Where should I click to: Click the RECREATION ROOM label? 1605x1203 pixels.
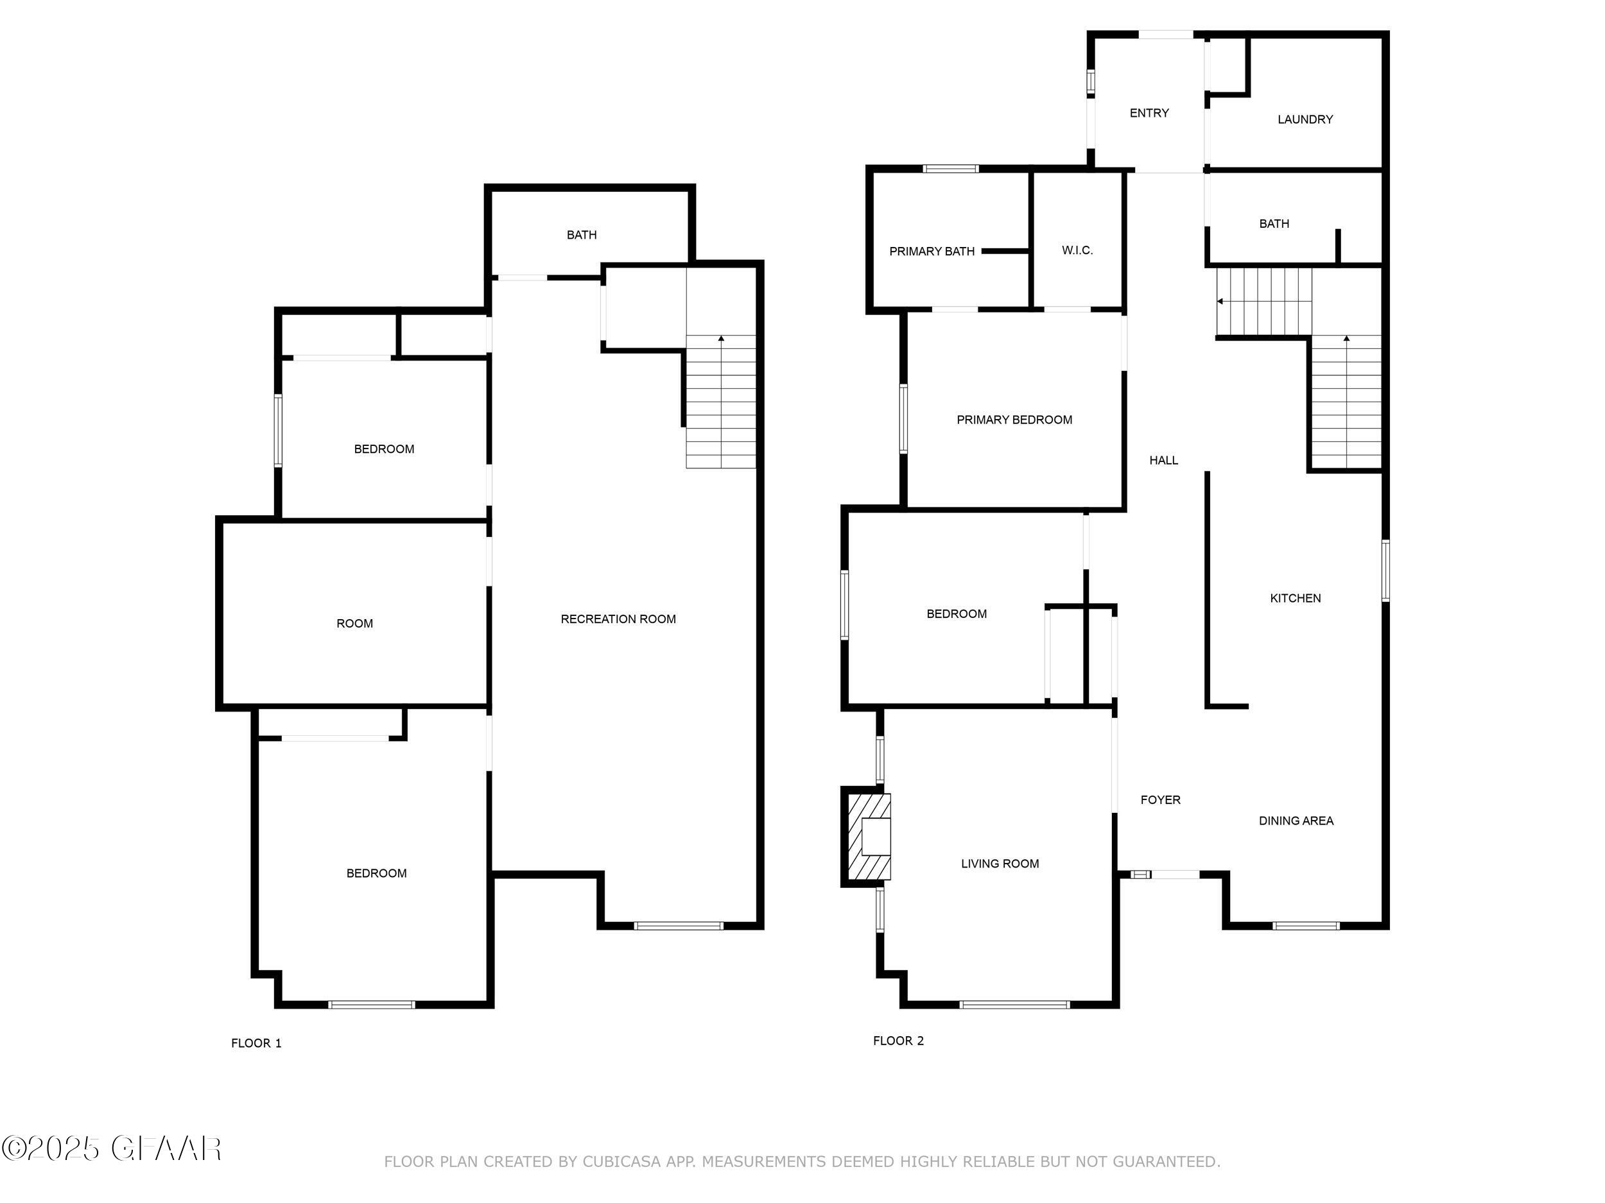[x=618, y=619]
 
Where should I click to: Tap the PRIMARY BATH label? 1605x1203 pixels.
[x=932, y=252]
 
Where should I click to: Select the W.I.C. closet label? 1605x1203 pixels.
[x=1077, y=250]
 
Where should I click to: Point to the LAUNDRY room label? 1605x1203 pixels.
[x=1305, y=119]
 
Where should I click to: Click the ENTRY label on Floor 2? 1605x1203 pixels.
[x=1149, y=113]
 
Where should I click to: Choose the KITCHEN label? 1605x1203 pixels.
[x=1295, y=598]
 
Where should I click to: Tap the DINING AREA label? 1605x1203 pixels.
[x=1296, y=821]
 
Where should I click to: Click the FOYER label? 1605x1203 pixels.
[x=1160, y=800]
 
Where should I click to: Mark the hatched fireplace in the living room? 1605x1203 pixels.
[x=869, y=837]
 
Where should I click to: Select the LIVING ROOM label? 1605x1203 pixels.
[x=1000, y=864]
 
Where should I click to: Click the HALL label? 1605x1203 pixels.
[x=1163, y=461]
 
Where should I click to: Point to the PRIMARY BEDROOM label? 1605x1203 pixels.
[x=1014, y=420]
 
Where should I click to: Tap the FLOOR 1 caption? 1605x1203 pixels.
[x=256, y=1043]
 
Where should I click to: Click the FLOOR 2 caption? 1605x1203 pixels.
[x=898, y=1041]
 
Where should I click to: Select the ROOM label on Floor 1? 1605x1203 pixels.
[x=354, y=624]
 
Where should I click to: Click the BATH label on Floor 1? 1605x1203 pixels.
[x=581, y=235]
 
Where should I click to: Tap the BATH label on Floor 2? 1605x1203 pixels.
[x=1274, y=224]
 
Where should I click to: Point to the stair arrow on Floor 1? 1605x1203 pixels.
[x=721, y=339]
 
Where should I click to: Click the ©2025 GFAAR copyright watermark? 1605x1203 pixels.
[x=112, y=1148]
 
